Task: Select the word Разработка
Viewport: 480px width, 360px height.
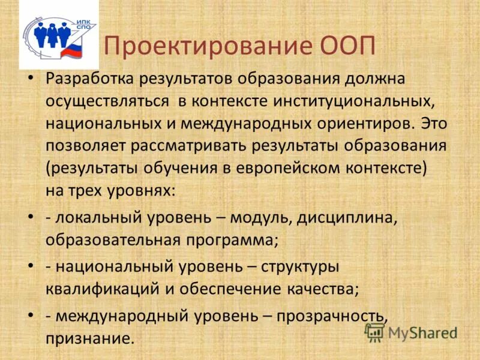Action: (89, 79)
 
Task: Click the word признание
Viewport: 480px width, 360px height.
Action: (89, 339)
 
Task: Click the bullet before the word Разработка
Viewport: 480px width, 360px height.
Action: (32, 79)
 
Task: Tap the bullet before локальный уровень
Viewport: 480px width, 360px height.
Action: (32, 217)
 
